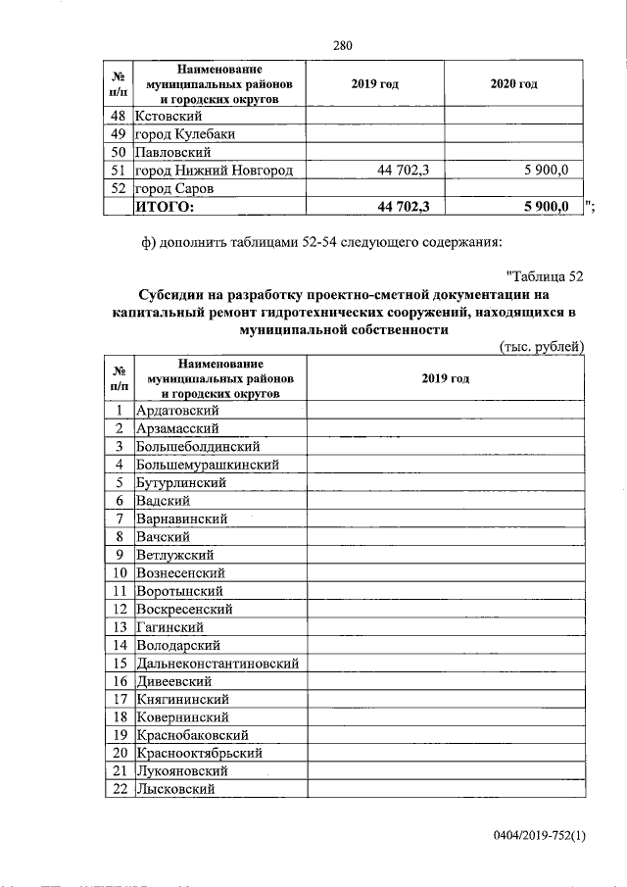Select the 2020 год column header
pos(513,85)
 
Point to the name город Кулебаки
pos(185,134)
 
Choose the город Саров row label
pos(175,187)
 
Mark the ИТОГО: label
pos(166,206)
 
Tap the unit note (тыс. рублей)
pos(542,347)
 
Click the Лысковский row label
pos(173,789)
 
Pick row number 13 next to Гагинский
pos(119,627)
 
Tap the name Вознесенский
pos(181,572)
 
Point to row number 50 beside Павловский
pos(119,152)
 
